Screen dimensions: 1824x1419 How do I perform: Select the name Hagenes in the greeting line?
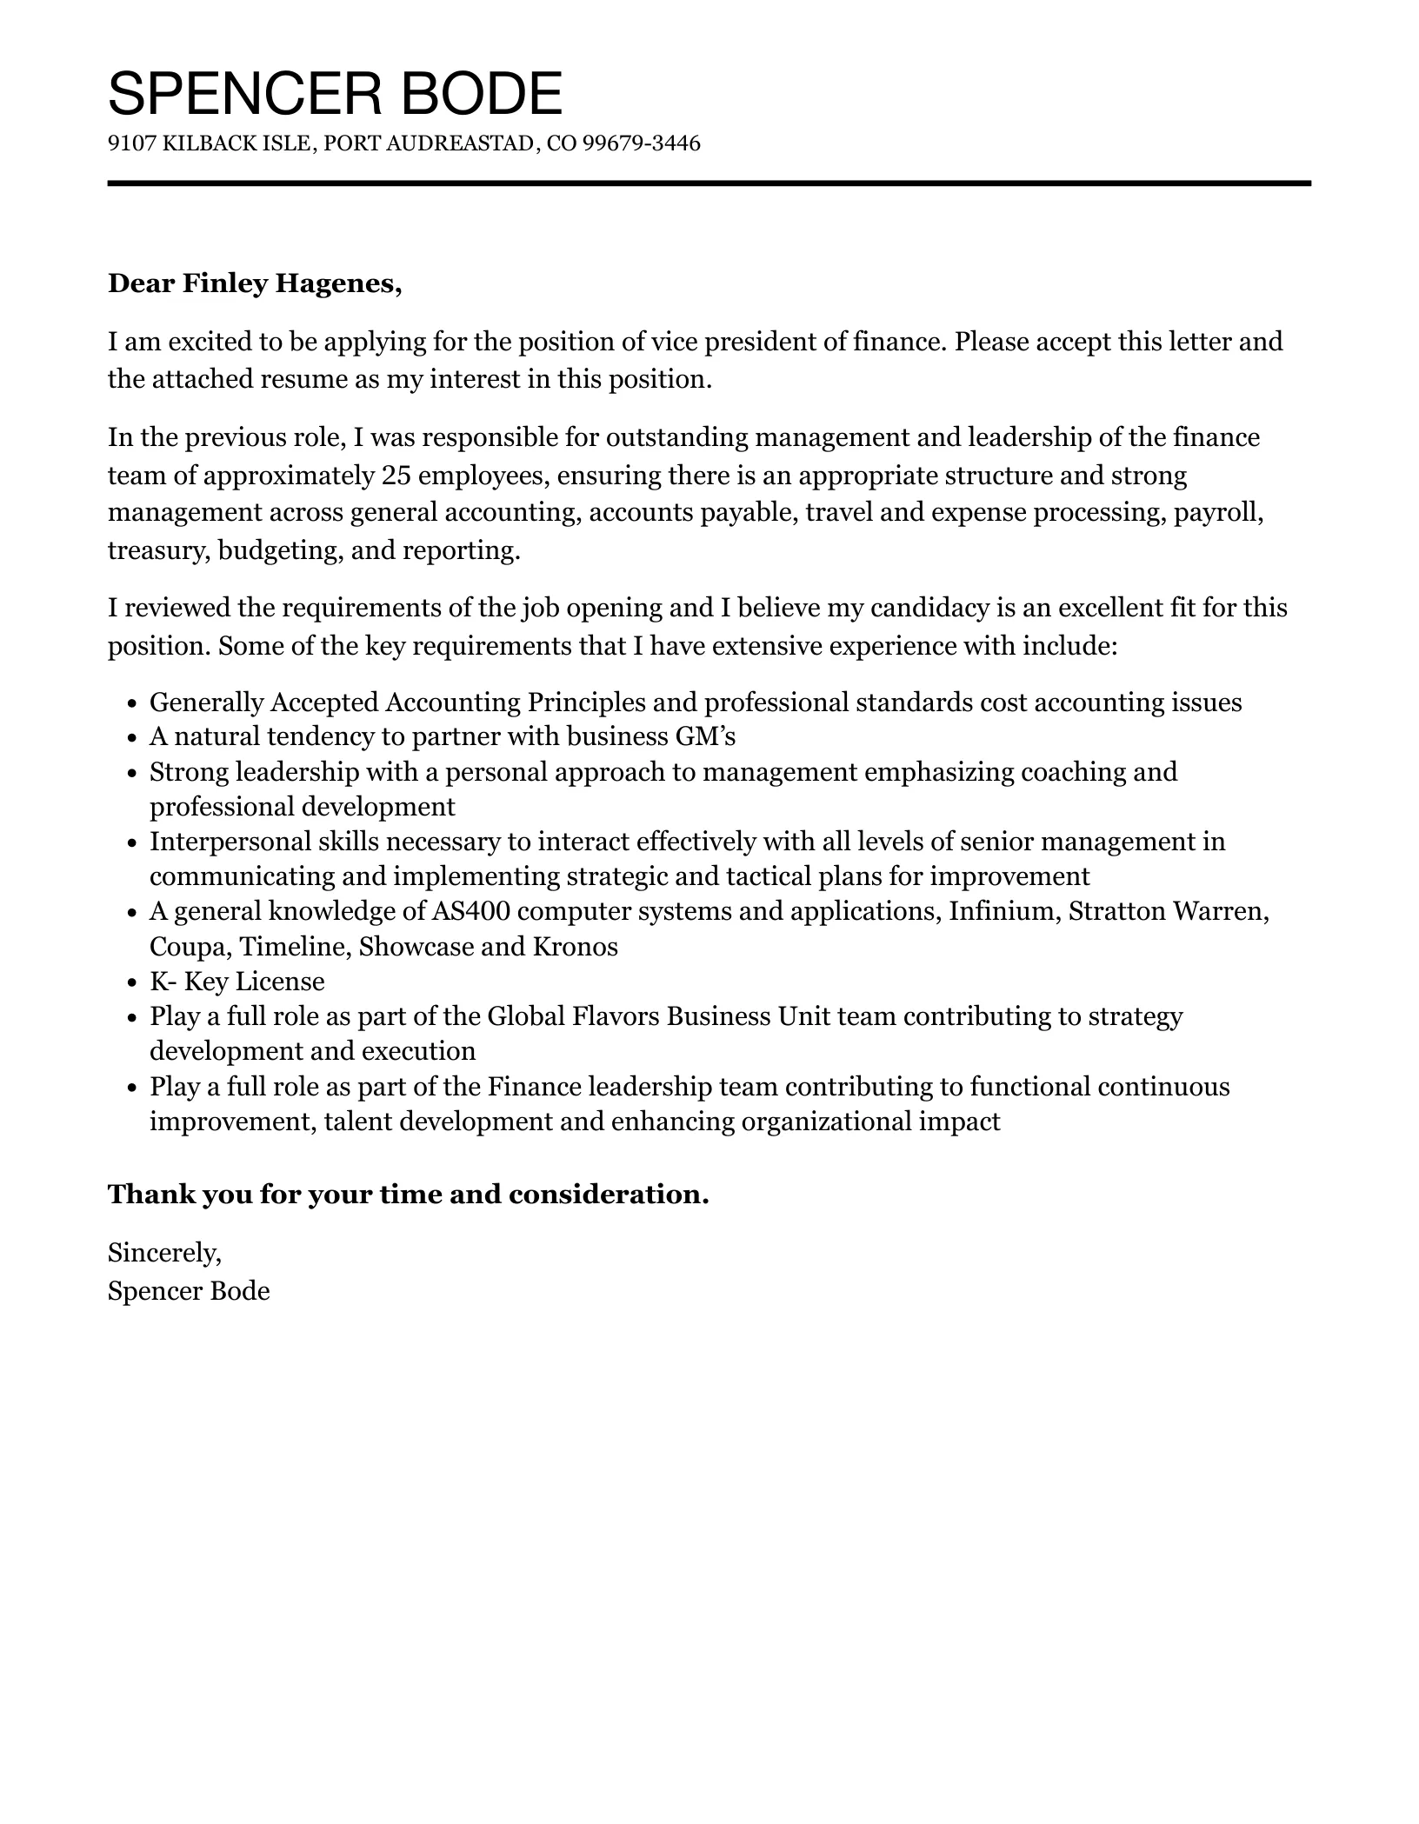[339, 283]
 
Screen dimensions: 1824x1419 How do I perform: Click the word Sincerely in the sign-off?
[163, 1253]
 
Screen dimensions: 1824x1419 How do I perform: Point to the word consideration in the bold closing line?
[608, 1195]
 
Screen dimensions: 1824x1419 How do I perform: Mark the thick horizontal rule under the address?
[709, 183]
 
